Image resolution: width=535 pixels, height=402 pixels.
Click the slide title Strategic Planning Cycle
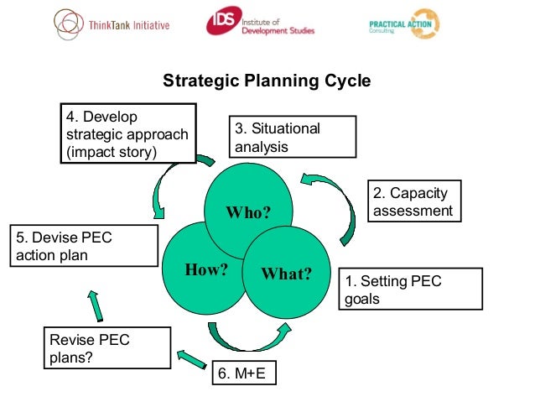tap(266, 81)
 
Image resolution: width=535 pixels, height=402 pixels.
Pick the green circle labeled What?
tap(286, 274)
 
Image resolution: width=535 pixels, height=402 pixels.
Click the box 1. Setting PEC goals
tap(410, 290)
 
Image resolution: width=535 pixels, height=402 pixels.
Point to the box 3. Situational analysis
tap(293, 137)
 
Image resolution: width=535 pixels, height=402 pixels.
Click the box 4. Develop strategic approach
tap(128, 133)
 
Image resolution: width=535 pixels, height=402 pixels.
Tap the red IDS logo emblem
tap(221, 22)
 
